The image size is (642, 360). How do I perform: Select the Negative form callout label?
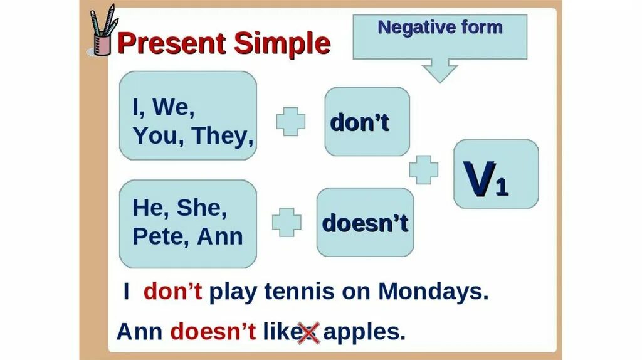click(x=440, y=28)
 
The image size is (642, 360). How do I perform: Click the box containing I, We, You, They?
click(x=187, y=115)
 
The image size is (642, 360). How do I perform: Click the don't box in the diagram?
click(x=367, y=122)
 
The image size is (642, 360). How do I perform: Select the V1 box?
click(x=495, y=174)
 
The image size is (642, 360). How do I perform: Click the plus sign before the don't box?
click(x=291, y=121)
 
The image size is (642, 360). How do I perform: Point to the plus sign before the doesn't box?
click(x=287, y=222)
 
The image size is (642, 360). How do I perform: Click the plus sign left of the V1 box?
click(x=424, y=169)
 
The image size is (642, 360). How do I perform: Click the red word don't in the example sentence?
click(x=173, y=292)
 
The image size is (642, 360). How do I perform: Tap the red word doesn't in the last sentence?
click(x=213, y=331)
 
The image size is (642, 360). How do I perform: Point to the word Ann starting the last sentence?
click(x=141, y=331)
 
